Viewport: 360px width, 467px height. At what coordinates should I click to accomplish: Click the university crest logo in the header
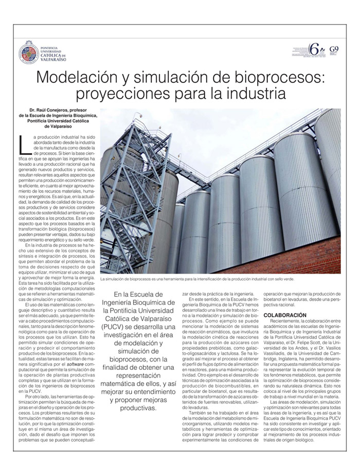[x=28, y=52]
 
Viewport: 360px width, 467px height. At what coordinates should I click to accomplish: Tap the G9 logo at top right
[x=334, y=50]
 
